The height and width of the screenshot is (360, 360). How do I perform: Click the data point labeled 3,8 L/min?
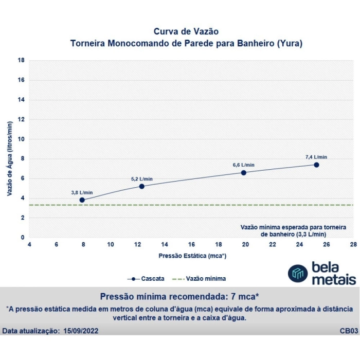(82, 200)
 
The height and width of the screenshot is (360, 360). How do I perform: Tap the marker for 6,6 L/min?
(243, 173)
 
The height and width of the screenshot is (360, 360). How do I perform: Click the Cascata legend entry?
(146, 279)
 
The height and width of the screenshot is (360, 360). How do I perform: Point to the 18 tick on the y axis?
(22, 60)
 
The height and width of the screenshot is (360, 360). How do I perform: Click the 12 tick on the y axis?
(22, 119)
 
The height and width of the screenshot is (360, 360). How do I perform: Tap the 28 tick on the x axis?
(352, 244)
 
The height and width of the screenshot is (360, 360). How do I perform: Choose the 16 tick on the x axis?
(191, 244)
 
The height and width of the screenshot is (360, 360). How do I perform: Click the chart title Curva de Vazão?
(186, 32)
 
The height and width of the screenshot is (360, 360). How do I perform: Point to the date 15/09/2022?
(80, 331)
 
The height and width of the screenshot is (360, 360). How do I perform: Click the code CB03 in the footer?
(349, 331)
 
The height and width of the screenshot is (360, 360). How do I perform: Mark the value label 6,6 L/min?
(243, 165)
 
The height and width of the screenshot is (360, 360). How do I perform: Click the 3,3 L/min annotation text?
(310, 234)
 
